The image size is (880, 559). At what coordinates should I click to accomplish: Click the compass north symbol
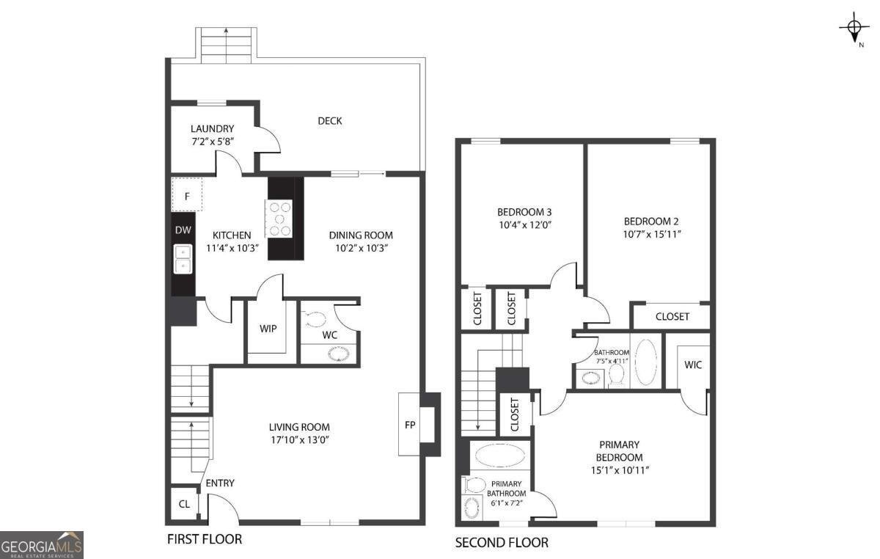854,29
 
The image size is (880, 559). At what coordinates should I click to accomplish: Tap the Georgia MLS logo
42,546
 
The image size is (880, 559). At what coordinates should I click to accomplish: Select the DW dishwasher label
183,230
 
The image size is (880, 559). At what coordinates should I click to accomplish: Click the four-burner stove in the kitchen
279,219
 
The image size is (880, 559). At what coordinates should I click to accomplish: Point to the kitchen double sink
182,258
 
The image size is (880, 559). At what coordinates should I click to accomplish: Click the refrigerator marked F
187,196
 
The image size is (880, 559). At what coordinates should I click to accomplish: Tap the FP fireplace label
410,424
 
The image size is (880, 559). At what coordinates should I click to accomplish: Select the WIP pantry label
268,328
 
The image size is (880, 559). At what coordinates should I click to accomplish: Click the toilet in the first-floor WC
316,319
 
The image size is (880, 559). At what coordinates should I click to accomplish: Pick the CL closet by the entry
183,504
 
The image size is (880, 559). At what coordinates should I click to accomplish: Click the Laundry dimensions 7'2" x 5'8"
212,141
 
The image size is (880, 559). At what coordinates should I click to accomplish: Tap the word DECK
329,121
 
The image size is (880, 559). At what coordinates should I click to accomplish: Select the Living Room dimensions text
298,440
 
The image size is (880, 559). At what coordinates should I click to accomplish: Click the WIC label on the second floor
692,365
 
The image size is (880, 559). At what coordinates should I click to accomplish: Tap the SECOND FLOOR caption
502,543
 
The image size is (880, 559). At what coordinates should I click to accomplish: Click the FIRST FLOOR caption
205,539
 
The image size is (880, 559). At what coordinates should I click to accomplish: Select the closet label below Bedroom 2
672,316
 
